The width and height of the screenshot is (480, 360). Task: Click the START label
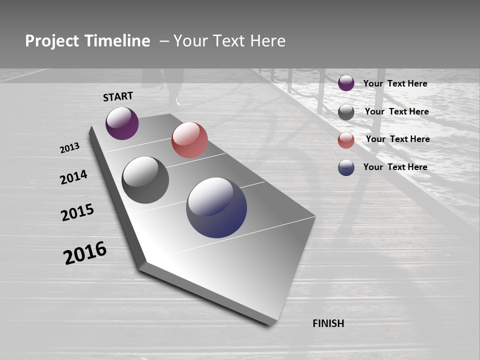coord(118,96)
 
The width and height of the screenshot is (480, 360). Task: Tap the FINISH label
coord(328,323)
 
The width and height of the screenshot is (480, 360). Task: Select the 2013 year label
coord(70,147)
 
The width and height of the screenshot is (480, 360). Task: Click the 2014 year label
coord(73,177)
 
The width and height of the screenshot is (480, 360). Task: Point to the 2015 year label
coord(77,212)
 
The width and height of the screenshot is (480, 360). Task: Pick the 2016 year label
coord(85,252)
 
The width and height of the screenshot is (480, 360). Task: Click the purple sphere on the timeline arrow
coord(122,123)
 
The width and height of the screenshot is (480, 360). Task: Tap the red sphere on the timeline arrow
coord(189,140)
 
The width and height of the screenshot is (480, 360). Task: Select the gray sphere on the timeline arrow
coord(145,180)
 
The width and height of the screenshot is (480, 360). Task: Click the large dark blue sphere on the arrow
coord(216,207)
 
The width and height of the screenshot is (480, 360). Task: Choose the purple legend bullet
coord(346,83)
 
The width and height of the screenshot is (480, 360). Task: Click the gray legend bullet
coord(346,112)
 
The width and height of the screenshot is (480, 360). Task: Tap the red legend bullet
coord(346,140)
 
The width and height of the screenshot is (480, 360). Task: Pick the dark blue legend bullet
coord(346,167)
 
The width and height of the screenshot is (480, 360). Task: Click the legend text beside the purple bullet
coord(395,83)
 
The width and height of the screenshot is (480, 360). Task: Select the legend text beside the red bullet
coord(397,139)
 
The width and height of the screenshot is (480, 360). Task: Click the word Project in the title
coord(52,41)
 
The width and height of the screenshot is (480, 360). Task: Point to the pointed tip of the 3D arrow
coord(142,264)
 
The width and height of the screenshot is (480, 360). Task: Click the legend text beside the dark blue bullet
coord(395,167)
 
